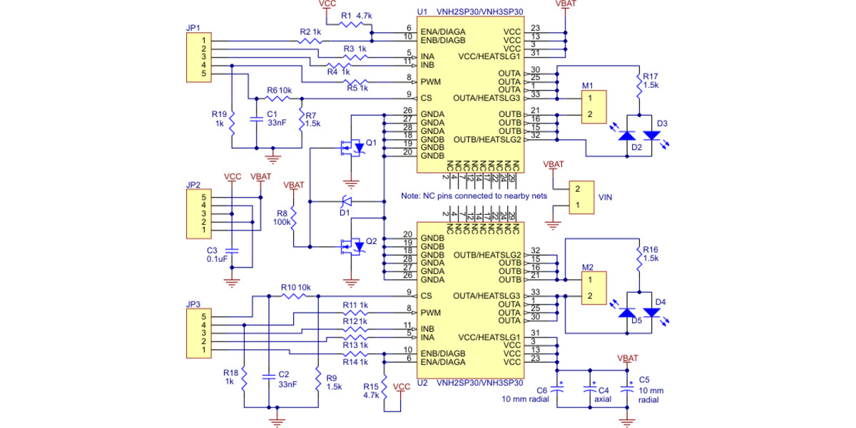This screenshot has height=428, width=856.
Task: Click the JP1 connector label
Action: (x=192, y=28)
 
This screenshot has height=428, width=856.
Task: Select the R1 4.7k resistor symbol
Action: (x=351, y=24)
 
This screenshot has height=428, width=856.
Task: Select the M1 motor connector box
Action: (x=593, y=108)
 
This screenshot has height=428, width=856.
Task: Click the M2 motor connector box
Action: (x=593, y=288)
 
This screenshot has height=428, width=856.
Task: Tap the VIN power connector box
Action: (x=583, y=198)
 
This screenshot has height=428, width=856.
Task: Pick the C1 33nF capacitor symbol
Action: (x=255, y=118)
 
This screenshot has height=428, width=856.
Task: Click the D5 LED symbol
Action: (x=627, y=313)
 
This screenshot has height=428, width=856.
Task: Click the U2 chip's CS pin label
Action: (x=427, y=295)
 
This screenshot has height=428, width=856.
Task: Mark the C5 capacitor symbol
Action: (x=627, y=389)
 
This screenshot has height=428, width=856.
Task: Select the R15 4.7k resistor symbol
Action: (x=384, y=391)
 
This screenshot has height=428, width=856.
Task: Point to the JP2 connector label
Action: (x=192, y=185)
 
